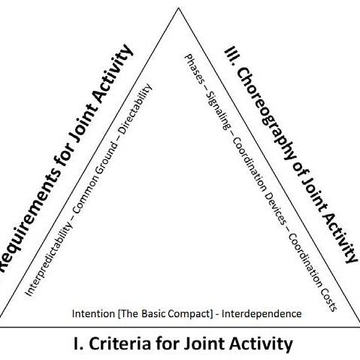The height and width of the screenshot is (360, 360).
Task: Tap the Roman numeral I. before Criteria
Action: pos(79,344)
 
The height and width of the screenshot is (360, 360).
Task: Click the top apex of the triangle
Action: pos(178,9)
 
